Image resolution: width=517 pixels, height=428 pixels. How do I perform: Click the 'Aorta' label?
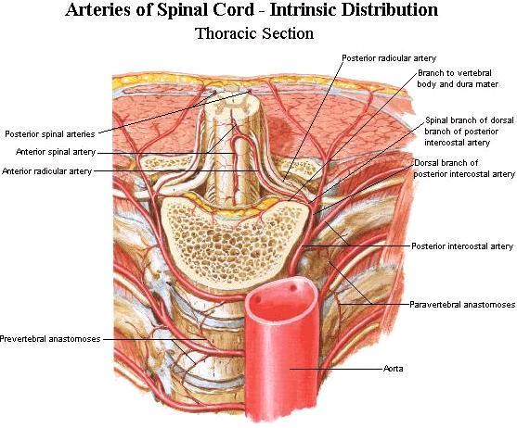(393, 369)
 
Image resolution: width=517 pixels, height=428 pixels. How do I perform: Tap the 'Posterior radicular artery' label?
(389, 58)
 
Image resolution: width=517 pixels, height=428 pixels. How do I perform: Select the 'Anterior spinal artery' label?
(56, 152)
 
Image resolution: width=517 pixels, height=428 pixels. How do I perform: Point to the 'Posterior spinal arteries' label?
(50, 134)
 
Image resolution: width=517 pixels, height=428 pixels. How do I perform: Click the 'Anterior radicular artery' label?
(46, 171)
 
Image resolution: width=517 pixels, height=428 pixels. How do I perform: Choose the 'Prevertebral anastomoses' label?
(50, 339)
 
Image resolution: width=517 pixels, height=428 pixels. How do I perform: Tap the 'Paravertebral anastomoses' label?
(462, 305)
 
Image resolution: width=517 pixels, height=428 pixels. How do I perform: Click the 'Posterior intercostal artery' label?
(462, 246)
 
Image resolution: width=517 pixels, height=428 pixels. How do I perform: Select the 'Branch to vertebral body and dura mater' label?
(458, 79)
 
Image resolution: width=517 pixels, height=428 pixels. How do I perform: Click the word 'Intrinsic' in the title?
(302, 10)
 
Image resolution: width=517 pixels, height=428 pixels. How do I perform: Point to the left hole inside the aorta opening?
(258, 300)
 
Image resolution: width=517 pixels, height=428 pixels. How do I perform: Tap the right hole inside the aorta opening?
(292, 288)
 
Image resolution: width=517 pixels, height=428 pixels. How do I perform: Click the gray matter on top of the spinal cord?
(233, 106)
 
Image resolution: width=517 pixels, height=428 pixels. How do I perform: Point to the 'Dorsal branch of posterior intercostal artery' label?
(464, 168)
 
